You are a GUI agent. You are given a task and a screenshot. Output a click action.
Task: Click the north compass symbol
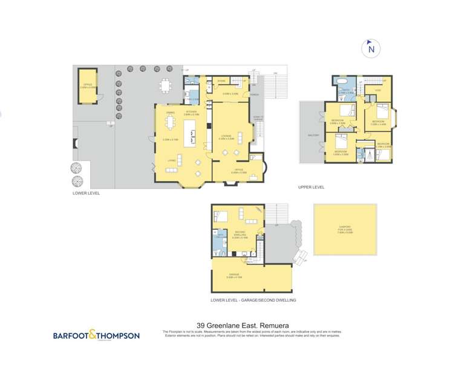tap(371, 48)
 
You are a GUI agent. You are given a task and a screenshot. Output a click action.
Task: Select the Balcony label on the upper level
tap(313, 135)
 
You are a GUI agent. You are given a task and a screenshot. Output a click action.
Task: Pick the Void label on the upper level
tap(377, 91)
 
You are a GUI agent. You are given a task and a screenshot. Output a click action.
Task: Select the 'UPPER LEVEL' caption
tap(311, 187)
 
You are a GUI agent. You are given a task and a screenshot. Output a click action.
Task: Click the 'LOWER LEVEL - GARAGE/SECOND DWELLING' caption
tap(253, 300)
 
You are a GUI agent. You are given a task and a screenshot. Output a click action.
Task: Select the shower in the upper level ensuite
tap(361, 156)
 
